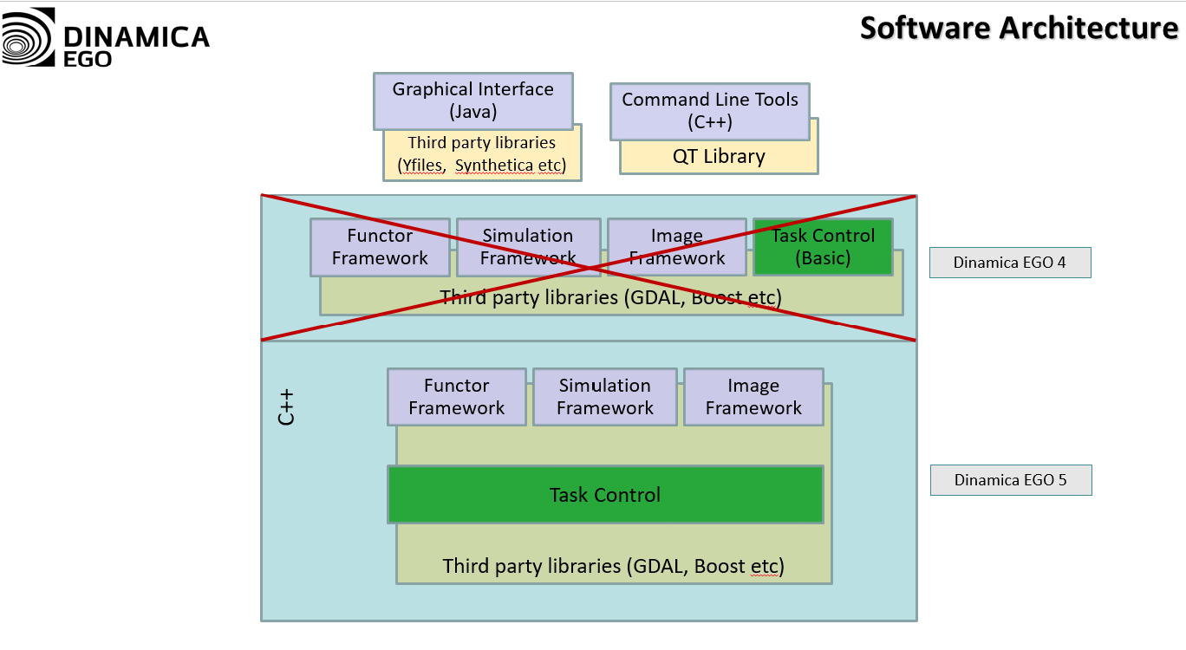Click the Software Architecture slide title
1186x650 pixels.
coord(1019,28)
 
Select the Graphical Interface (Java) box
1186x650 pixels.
coord(472,101)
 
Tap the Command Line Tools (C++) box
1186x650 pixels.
coord(709,111)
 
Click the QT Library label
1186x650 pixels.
coord(719,157)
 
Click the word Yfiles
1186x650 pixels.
coord(420,166)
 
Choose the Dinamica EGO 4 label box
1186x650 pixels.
coord(1009,263)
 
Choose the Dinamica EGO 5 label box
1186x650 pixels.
coord(1010,480)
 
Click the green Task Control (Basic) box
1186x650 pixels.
coord(822,247)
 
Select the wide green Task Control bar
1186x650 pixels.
coord(604,495)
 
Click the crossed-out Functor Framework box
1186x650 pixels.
coord(380,247)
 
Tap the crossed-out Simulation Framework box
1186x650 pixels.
coord(528,247)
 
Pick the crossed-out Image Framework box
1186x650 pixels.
coord(676,247)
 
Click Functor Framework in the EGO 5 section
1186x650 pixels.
coord(456,397)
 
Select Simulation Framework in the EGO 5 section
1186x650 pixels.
coord(604,397)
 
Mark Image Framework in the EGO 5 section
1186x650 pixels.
coord(753,397)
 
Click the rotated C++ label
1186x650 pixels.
coord(286,406)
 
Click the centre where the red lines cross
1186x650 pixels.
coord(589,268)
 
